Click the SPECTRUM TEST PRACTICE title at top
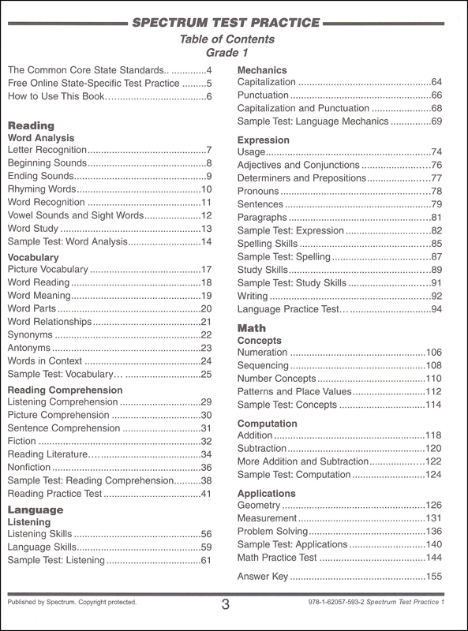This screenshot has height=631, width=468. (x=234, y=21)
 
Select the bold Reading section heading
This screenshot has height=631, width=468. (x=31, y=125)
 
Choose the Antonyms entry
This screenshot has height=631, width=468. (x=30, y=347)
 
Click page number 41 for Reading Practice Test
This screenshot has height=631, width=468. (x=207, y=494)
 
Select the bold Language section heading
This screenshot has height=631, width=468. (x=36, y=510)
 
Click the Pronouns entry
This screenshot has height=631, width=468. (x=258, y=191)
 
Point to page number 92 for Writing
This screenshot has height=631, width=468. (x=436, y=295)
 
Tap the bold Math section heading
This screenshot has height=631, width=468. (x=253, y=327)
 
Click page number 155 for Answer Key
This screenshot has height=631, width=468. (x=434, y=577)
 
